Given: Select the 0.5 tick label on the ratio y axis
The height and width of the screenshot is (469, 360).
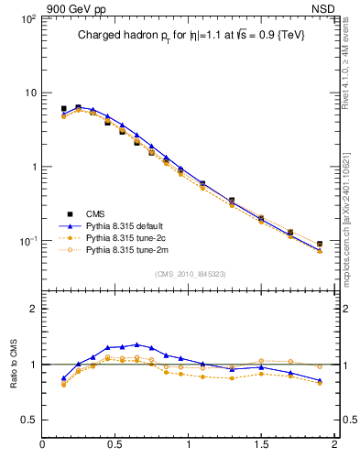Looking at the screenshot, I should (27, 420).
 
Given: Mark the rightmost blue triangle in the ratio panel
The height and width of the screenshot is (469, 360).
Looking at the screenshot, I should (319, 380).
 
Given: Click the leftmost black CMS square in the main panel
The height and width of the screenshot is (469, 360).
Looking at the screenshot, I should (63, 108).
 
